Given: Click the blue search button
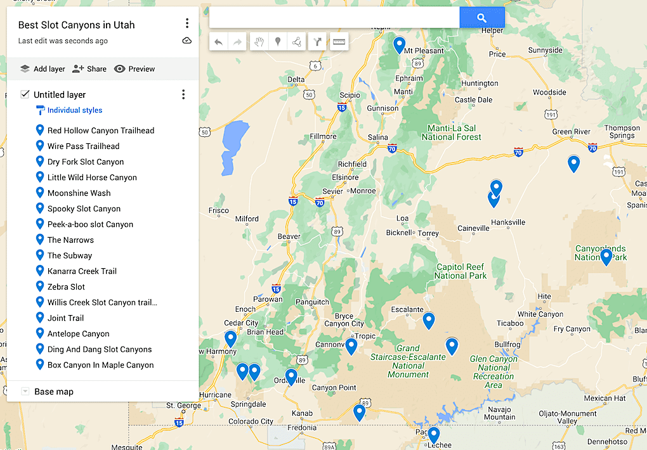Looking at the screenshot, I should (x=481, y=18).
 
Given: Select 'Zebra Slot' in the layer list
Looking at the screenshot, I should (x=66, y=286).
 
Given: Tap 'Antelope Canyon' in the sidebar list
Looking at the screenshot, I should (x=78, y=333).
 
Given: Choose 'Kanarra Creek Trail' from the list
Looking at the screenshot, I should (x=82, y=271).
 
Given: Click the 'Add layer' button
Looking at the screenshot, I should (x=42, y=69).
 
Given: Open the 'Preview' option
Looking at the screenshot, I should (x=134, y=69).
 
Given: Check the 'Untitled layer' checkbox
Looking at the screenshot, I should (x=25, y=94).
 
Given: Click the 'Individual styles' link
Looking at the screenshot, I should (x=74, y=110).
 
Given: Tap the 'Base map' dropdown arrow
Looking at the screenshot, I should (x=25, y=392).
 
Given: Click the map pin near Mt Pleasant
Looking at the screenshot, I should (x=399, y=45).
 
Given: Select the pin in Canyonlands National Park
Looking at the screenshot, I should (x=606, y=257).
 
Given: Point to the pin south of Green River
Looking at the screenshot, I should (x=573, y=164).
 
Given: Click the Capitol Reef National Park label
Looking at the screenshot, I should (x=461, y=271).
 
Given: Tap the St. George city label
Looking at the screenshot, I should (x=183, y=405).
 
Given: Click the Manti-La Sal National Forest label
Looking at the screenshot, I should (x=451, y=132).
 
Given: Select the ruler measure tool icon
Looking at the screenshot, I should (x=339, y=42).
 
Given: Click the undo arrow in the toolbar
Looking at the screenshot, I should (x=219, y=42).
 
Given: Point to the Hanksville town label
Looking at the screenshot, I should (x=508, y=222).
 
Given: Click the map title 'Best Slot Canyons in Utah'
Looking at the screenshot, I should (x=76, y=25).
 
